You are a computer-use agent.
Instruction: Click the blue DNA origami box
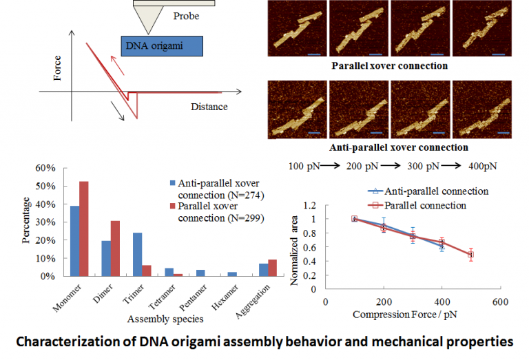(162, 46)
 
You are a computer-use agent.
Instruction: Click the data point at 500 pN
(470, 254)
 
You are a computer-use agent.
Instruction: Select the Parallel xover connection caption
(389, 66)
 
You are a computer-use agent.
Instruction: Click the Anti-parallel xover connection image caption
(389, 147)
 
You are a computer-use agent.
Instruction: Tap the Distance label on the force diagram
(209, 107)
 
